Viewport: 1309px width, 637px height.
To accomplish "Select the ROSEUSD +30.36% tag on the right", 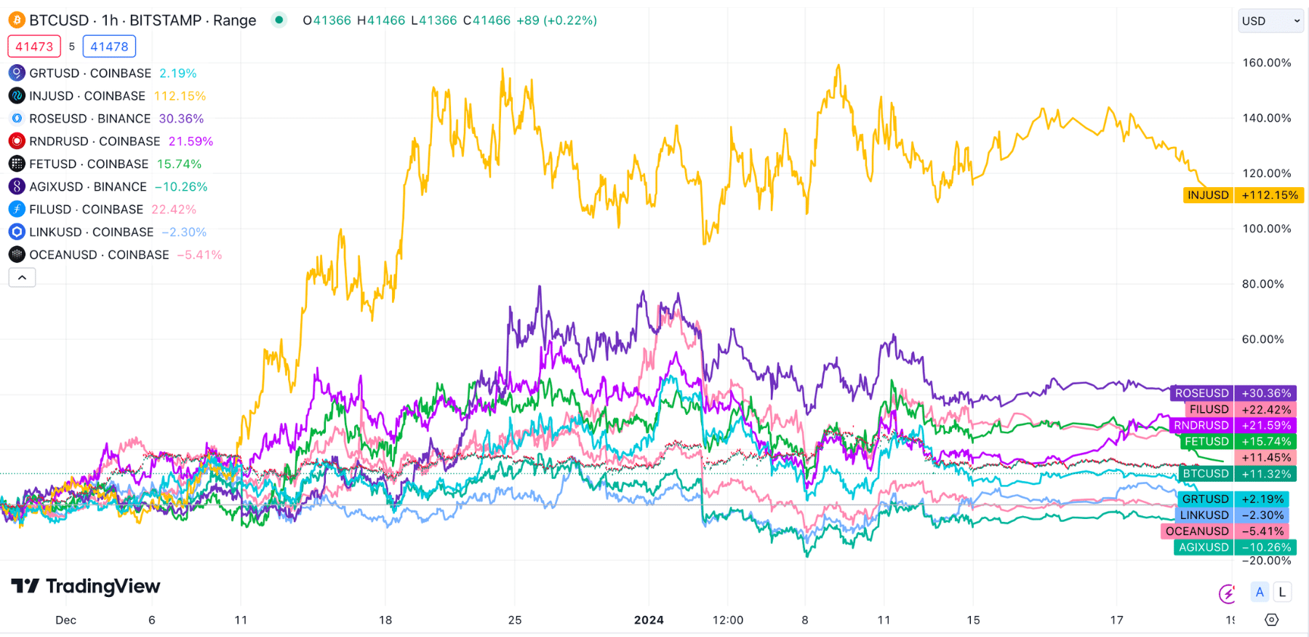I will [x=1234, y=393].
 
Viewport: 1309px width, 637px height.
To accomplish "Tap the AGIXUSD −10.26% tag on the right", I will [x=1235, y=547].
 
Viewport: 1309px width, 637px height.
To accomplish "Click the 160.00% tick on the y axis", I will [x=1266, y=63].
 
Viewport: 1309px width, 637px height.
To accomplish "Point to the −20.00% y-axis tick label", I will [x=1266, y=561].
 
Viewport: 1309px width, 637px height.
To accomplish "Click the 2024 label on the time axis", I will [x=649, y=620].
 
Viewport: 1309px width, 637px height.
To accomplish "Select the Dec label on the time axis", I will [x=65, y=620].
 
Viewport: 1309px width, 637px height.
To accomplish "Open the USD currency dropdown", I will [x=1270, y=21].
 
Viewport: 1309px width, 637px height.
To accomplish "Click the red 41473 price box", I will [x=34, y=47].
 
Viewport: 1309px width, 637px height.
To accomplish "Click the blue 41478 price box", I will [x=109, y=47].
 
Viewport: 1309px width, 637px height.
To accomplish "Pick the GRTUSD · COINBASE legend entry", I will [x=90, y=74].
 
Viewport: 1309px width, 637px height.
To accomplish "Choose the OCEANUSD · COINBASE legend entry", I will [x=99, y=255].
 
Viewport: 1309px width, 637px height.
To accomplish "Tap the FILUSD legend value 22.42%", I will [x=174, y=210].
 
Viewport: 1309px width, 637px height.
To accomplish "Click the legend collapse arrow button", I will [x=22, y=277].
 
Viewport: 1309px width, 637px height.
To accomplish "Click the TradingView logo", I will [x=86, y=586].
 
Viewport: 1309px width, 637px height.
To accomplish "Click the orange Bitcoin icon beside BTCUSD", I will [x=16, y=20].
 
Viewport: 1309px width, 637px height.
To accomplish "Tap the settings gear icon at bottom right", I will [x=1271, y=620].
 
